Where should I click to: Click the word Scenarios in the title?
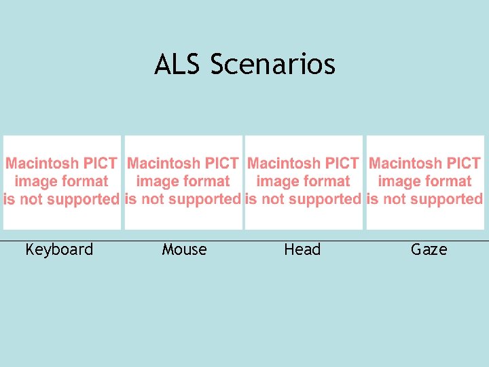pyautogui.click(x=273, y=65)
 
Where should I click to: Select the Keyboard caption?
pyautogui.click(x=59, y=250)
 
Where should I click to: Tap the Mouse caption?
pyautogui.click(x=184, y=250)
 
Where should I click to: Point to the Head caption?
pyautogui.click(x=302, y=250)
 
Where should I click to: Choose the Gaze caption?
pyautogui.click(x=429, y=250)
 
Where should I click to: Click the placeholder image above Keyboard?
pyautogui.click(x=62, y=182)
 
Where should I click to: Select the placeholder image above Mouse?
pyautogui.click(x=183, y=182)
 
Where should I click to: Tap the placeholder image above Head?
pyautogui.click(x=304, y=182)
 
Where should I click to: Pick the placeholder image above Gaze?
pyautogui.click(x=425, y=182)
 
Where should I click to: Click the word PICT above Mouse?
pyautogui.click(x=221, y=164)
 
